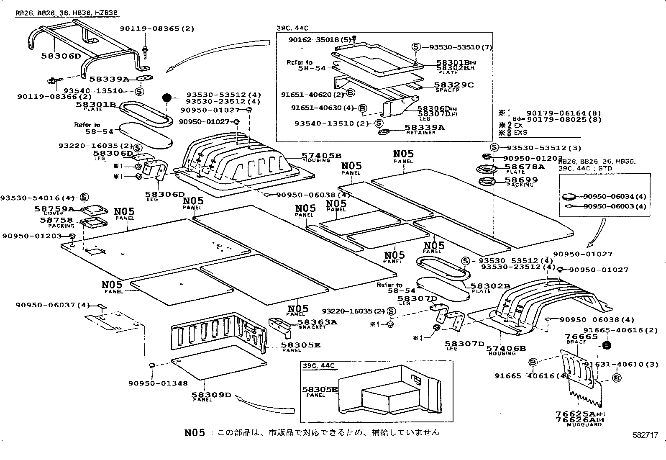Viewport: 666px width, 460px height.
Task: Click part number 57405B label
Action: (x=321, y=156)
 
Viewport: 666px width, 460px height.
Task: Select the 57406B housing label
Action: (x=507, y=348)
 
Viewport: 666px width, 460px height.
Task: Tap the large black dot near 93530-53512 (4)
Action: (x=167, y=98)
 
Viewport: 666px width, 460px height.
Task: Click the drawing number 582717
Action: (x=645, y=435)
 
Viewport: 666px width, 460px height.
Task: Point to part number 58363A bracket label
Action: (x=317, y=322)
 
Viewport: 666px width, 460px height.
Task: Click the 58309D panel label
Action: (x=211, y=394)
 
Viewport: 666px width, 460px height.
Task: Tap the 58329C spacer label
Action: (x=453, y=85)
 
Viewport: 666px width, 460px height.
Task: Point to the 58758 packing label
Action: (x=56, y=220)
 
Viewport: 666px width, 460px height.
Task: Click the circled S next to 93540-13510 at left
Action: (x=139, y=91)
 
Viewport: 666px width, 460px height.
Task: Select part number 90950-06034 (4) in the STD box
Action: (x=615, y=196)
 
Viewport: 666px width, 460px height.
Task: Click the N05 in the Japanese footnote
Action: (x=195, y=432)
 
